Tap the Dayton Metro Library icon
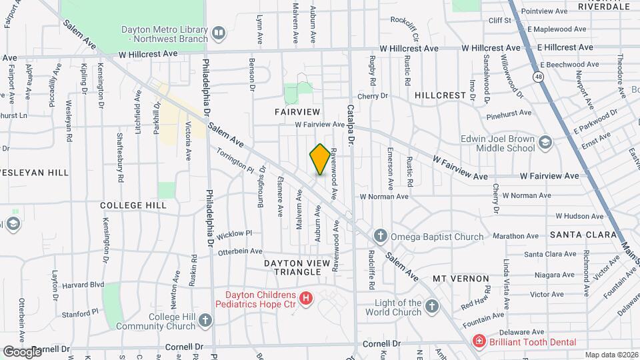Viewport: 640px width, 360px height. (218, 33)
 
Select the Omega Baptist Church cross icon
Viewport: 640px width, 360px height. (380, 236)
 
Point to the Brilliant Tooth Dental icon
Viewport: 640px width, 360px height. (478, 341)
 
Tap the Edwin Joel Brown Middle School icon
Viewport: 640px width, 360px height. (545, 143)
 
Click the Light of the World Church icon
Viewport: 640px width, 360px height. (432, 307)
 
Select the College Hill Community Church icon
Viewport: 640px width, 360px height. (205, 321)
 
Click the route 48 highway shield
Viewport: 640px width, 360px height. (537, 77)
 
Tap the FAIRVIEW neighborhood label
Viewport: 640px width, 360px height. (297, 111)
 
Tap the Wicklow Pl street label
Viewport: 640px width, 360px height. (236, 233)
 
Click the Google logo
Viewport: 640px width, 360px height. (22, 351)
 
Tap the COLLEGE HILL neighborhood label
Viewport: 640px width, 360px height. (133, 205)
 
